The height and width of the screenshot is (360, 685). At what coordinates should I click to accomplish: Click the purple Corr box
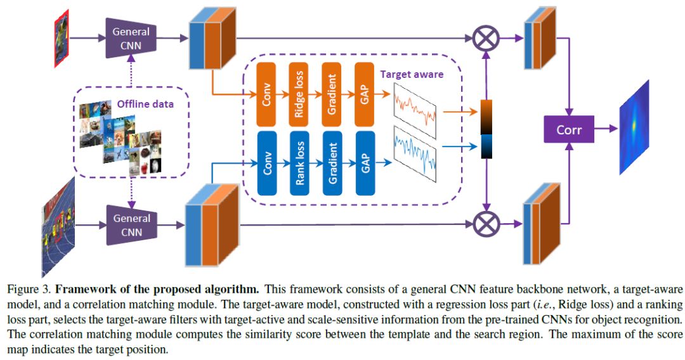point(569,129)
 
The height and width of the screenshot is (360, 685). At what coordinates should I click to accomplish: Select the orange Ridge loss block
point(299,94)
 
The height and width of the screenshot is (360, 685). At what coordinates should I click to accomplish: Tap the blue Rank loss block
point(299,163)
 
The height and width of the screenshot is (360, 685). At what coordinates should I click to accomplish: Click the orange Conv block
point(266,94)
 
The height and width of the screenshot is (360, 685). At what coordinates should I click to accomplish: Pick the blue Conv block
point(267,163)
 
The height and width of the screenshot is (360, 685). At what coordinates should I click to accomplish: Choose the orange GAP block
point(365,94)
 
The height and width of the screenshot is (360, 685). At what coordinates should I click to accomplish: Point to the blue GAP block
point(366,163)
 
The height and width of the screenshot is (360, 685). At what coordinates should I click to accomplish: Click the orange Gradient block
point(332,94)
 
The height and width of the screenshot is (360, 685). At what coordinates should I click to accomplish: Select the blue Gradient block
point(332,163)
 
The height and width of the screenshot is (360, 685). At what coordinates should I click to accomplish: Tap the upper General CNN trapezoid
point(131,38)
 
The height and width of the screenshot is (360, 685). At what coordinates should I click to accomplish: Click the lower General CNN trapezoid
point(132,225)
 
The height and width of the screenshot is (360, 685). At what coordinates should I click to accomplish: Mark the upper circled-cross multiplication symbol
point(486,39)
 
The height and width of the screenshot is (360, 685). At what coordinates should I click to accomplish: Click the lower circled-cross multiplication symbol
point(486,224)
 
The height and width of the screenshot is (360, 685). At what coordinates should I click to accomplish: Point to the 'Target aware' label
point(412,74)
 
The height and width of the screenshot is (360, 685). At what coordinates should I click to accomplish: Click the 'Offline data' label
point(145,104)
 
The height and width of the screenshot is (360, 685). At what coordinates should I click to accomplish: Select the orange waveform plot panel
point(415,110)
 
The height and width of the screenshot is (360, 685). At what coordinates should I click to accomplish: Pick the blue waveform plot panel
point(415,154)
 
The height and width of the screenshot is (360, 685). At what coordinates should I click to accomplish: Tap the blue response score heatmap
point(634,127)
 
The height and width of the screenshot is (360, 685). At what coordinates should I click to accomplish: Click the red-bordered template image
point(62,39)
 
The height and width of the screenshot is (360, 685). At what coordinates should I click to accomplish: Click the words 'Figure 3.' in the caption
point(30,289)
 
